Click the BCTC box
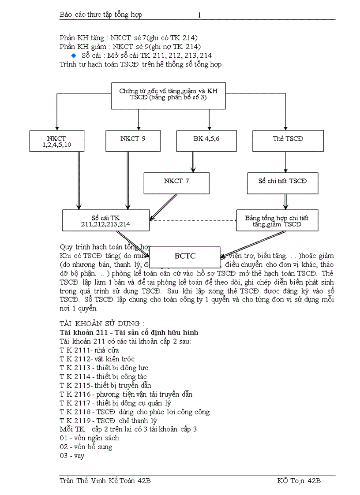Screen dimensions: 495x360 185,256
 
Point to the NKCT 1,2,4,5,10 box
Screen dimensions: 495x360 56,141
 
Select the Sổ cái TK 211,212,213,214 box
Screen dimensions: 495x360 105,220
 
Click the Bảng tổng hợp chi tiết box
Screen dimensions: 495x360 277,220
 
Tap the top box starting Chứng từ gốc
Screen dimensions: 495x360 168,96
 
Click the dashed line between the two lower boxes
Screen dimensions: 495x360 193,220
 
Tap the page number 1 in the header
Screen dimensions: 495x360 199,15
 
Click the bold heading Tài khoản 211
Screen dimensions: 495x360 128,332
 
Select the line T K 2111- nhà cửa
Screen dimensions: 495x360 83,350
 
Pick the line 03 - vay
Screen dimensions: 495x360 72,455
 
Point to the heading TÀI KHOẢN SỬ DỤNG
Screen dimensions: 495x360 102,323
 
